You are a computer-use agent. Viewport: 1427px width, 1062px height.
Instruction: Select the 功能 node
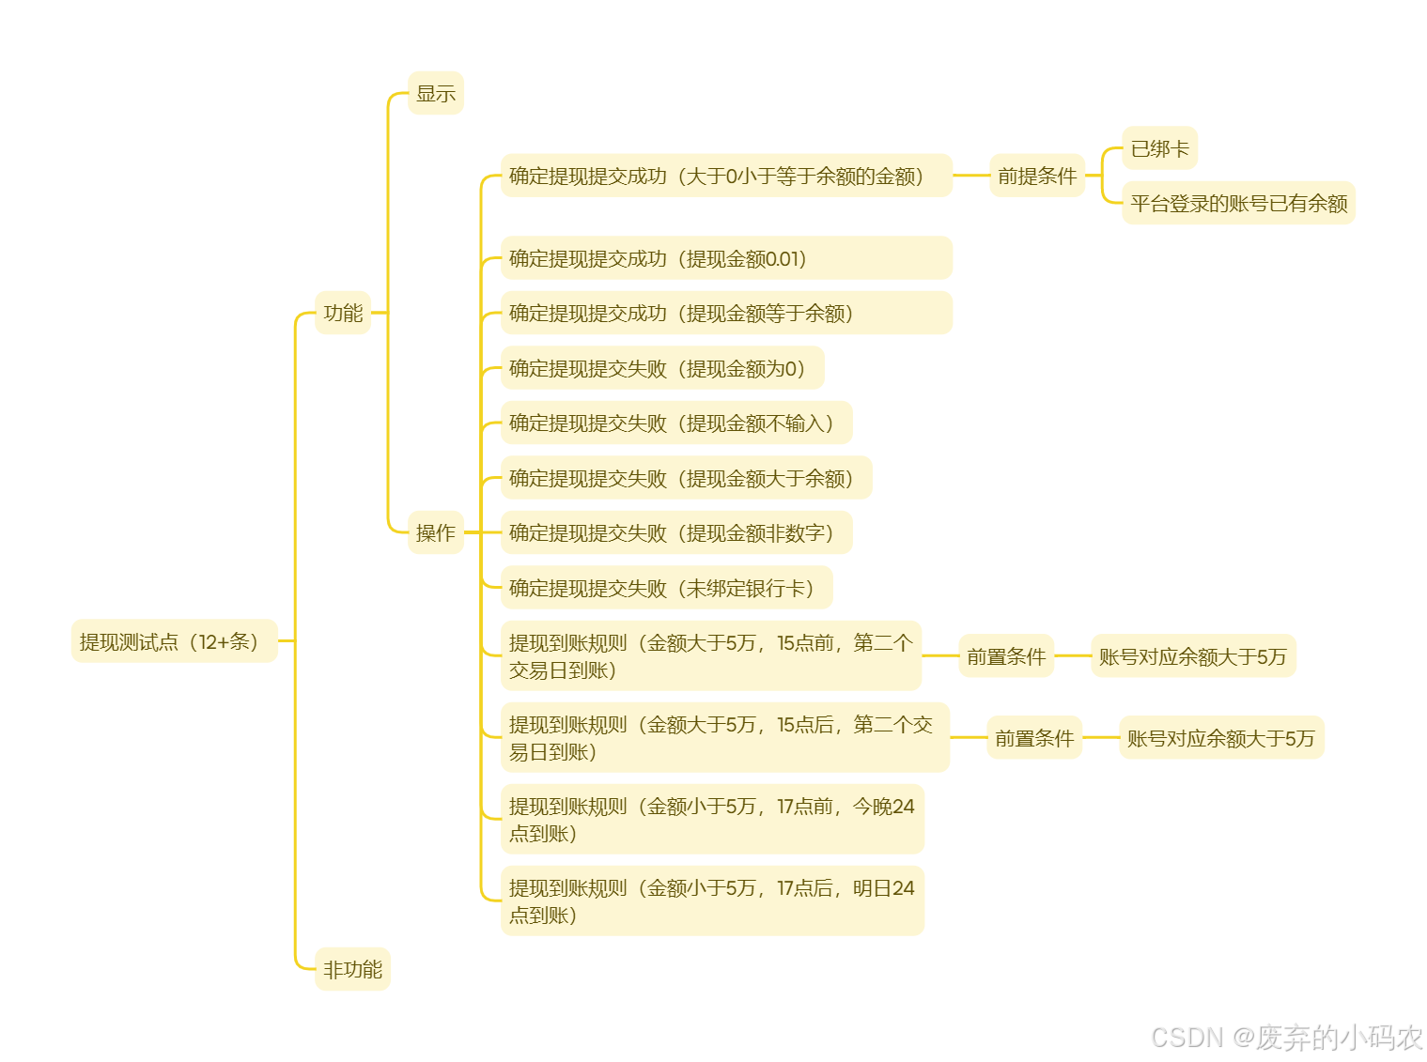[x=343, y=313]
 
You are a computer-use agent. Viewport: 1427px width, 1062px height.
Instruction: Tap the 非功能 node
[x=352, y=969]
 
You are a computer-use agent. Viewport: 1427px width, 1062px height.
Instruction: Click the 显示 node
[x=435, y=93]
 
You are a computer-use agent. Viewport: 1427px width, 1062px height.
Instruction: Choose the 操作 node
[x=435, y=532]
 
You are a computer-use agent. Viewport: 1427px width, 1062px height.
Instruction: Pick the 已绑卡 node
[x=1159, y=148]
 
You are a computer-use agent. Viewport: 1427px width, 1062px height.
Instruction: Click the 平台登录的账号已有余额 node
[x=1238, y=203]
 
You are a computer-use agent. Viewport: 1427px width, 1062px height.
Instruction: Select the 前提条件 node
[x=1036, y=176]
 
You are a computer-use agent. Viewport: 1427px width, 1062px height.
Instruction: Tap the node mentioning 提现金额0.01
[x=725, y=258]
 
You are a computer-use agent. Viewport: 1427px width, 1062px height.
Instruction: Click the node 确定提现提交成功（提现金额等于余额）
[x=725, y=313]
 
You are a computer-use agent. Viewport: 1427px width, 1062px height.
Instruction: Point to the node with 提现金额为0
[x=661, y=368]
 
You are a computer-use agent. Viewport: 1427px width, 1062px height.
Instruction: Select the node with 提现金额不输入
[x=675, y=423]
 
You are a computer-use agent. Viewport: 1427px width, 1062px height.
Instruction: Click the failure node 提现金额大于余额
[x=686, y=478]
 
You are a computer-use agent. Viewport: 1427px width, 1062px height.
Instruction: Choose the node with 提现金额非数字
[x=675, y=532]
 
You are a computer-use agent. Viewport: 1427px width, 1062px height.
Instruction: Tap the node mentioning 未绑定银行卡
[x=666, y=588]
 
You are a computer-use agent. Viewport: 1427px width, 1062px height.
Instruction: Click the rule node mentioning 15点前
[x=710, y=656]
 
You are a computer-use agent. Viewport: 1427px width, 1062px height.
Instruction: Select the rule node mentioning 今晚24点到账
[x=711, y=820]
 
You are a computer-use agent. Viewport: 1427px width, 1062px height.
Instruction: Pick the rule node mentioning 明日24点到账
[x=711, y=901]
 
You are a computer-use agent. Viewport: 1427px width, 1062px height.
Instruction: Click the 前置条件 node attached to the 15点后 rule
[x=1033, y=738]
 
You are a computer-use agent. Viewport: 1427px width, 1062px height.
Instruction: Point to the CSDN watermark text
[x=1286, y=1037]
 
